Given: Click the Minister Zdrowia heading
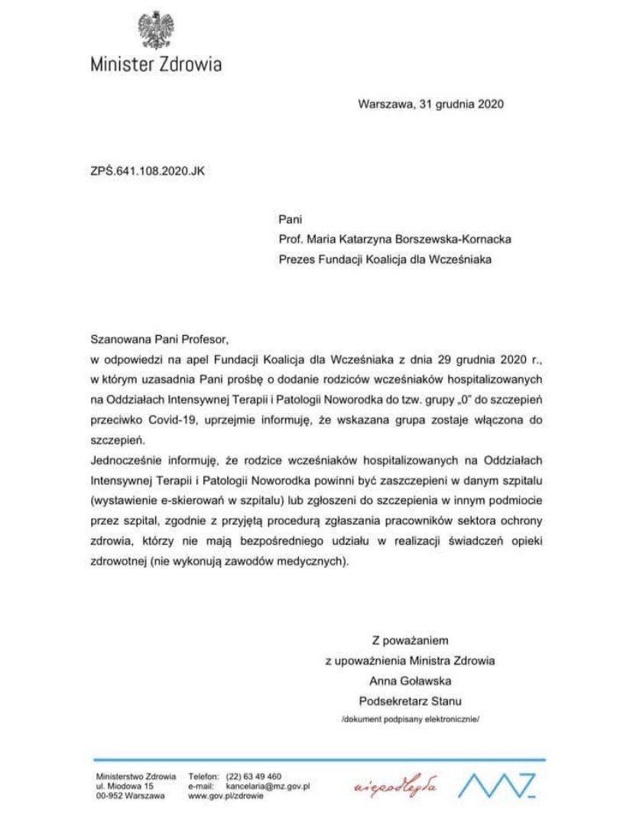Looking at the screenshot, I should click(x=156, y=64).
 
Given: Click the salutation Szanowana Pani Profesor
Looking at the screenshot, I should click(x=159, y=337).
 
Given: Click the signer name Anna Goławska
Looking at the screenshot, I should click(x=410, y=679).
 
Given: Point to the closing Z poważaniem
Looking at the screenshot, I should click(x=411, y=640).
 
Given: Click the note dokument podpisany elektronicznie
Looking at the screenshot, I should click(x=410, y=719).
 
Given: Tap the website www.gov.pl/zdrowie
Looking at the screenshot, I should click(x=226, y=796).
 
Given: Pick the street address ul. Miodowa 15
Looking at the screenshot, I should click(x=125, y=786).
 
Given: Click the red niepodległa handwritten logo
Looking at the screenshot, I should click(x=396, y=787).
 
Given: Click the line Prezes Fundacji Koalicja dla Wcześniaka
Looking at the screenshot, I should click(x=385, y=259).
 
